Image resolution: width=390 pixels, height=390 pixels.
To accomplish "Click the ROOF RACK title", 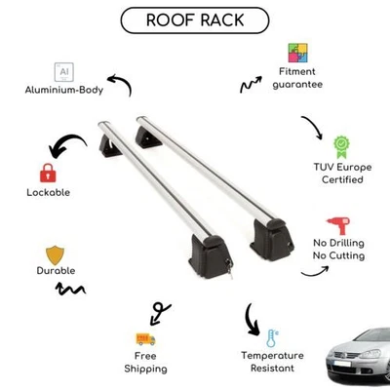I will pos(195,20).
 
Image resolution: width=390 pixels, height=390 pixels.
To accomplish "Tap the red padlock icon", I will pos(46,174).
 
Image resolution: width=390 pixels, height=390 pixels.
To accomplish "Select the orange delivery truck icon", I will pos(146,338).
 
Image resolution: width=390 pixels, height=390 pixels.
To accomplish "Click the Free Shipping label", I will pos(146,363).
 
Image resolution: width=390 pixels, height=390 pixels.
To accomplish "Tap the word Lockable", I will pos(49,192).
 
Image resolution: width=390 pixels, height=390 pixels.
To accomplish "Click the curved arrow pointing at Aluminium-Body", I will pos(118,84).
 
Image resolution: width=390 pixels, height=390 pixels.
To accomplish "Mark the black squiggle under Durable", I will pos(70,289).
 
